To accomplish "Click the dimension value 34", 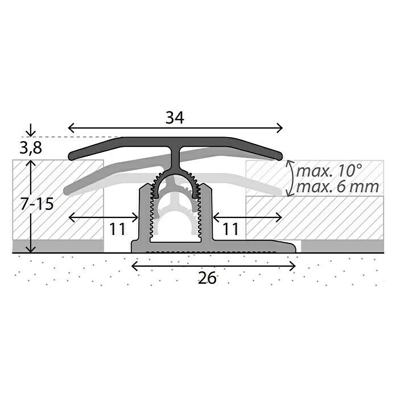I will pos(175,118).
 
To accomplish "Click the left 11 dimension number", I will pos(117,229).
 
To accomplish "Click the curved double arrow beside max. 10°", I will pos(290,178).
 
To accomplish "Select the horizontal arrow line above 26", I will pos(214,265).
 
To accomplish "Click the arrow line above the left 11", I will pos(103,217).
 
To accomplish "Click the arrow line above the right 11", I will pos(247,217).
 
